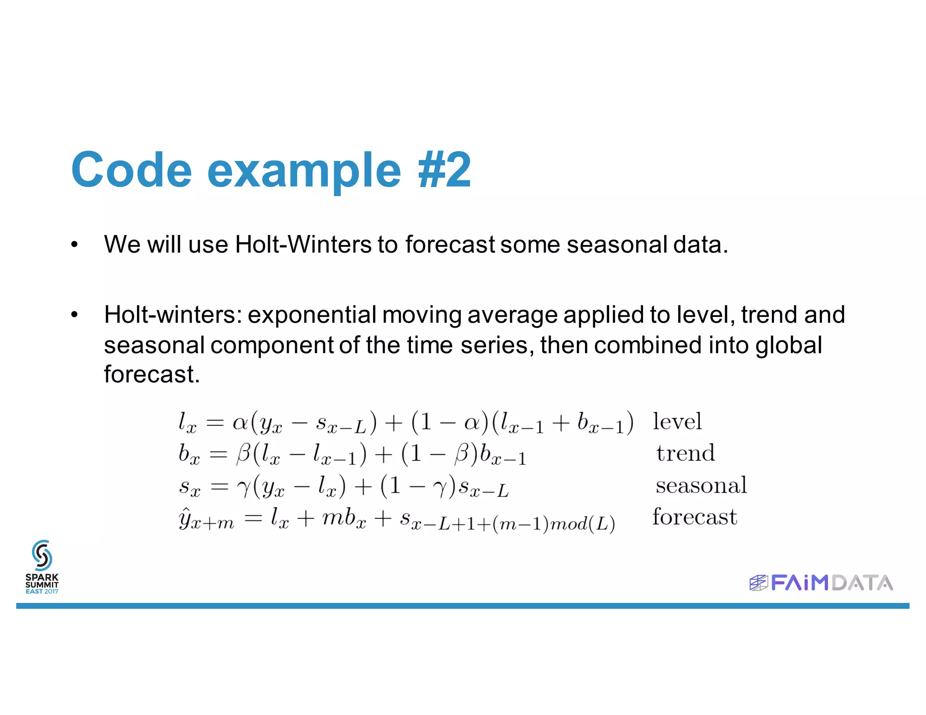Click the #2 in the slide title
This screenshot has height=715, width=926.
point(444,170)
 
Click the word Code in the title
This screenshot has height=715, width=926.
point(131,170)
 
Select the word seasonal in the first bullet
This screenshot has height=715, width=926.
point(617,245)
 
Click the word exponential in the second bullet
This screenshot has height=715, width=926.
point(312,315)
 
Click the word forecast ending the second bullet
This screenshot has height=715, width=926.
point(151,374)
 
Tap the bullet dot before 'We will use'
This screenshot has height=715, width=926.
point(75,245)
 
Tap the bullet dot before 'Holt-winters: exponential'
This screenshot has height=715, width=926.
point(75,315)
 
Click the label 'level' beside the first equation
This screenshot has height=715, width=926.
point(677,421)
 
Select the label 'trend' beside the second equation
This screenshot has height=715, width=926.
point(685,453)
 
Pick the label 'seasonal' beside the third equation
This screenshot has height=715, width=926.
point(701,485)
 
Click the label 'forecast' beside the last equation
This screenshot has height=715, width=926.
point(694,517)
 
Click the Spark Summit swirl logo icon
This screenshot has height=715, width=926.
point(42,555)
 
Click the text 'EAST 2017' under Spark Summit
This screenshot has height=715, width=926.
point(42,592)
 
